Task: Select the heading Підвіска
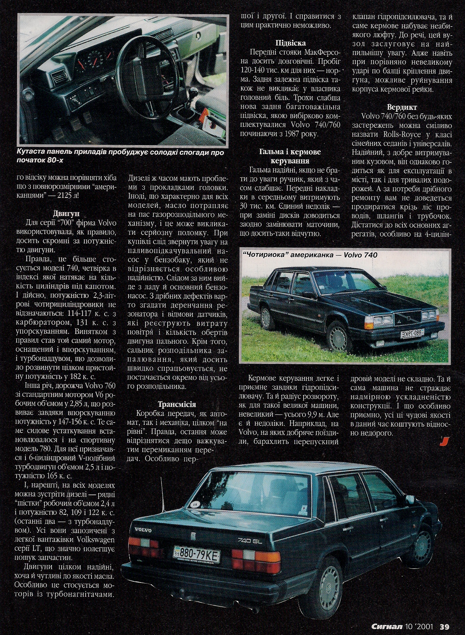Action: (x=290, y=43)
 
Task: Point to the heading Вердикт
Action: (x=402, y=107)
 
